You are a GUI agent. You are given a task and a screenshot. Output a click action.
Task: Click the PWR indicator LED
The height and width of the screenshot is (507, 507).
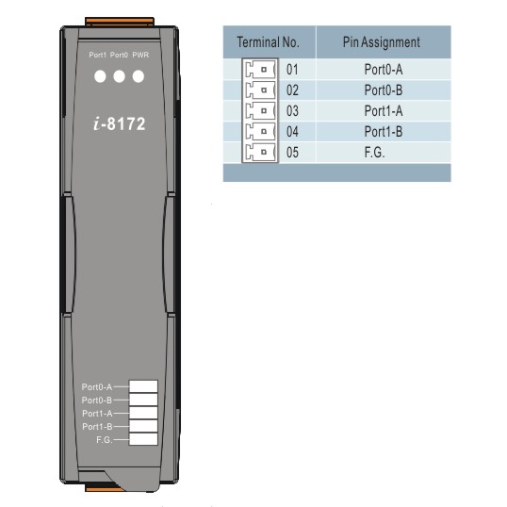pyautogui.click(x=139, y=76)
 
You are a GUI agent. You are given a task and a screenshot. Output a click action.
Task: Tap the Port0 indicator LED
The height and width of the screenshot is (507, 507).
pyautogui.click(x=120, y=76)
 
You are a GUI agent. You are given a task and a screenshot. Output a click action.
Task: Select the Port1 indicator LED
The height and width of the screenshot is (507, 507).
pyautogui.click(x=100, y=76)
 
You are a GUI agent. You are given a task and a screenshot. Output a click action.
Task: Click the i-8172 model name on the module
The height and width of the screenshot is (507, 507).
pyautogui.click(x=120, y=123)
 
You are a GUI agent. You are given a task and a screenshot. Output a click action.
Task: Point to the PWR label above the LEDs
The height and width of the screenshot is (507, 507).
pyautogui.click(x=140, y=55)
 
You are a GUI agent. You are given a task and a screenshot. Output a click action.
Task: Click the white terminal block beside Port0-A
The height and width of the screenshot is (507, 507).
pyautogui.click(x=143, y=386)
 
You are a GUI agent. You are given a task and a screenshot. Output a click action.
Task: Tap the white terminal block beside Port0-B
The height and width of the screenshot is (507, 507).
pyautogui.click(x=143, y=400)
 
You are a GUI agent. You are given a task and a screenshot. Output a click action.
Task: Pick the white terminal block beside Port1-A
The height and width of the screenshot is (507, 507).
pyautogui.click(x=143, y=413)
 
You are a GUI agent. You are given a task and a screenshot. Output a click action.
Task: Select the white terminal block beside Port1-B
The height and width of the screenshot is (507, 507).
pyautogui.click(x=143, y=426)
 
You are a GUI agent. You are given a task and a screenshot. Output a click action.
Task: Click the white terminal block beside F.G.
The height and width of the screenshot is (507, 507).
pyautogui.click(x=143, y=439)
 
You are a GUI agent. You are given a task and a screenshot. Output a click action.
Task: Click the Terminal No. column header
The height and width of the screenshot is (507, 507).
pyautogui.click(x=268, y=42)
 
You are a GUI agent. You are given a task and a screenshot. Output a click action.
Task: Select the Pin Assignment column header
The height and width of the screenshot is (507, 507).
pyautogui.click(x=382, y=42)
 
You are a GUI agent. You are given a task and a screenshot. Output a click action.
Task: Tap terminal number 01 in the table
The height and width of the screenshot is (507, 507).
pyautogui.click(x=292, y=70)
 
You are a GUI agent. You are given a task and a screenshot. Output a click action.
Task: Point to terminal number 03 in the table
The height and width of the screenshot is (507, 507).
pyautogui.click(x=292, y=111)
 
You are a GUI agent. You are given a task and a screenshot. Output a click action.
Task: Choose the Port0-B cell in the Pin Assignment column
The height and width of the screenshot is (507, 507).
pyautogui.click(x=384, y=90)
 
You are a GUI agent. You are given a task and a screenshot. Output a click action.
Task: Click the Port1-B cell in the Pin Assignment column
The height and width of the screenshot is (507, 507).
pyautogui.click(x=384, y=132)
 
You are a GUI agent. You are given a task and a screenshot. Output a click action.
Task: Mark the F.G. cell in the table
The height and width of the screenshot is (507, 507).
pyautogui.click(x=374, y=153)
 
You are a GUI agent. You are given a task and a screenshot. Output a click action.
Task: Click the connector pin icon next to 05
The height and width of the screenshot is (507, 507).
pyautogui.click(x=260, y=152)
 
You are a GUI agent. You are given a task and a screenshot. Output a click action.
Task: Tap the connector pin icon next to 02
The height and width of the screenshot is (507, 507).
pyautogui.click(x=260, y=90)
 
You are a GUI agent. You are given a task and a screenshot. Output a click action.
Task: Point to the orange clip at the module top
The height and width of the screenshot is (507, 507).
pyautogui.click(x=120, y=22)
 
